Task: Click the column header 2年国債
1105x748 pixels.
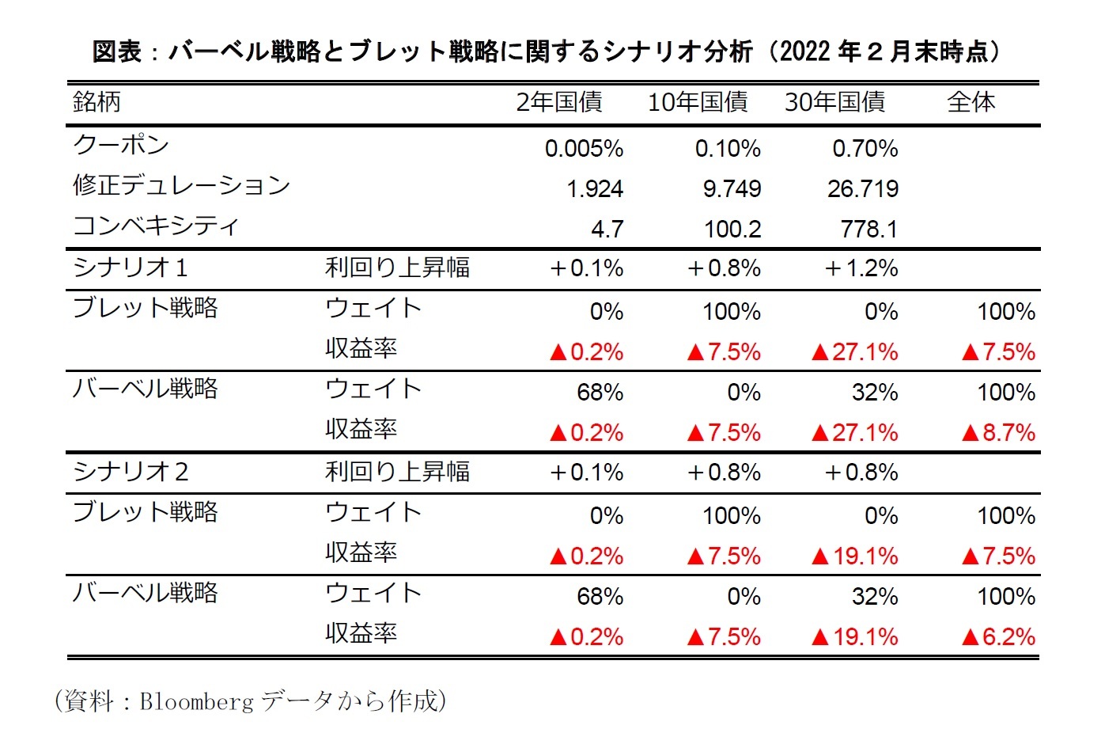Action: pos(559,102)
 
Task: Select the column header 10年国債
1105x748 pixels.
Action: pos(698,102)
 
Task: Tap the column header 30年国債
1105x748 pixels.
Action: pos(834,102)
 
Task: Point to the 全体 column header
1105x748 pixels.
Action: pos(971,102)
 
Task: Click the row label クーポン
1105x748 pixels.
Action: pos(121,145)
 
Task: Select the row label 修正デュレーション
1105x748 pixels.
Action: pos(181,185)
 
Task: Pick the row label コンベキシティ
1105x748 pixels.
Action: pos(155,226)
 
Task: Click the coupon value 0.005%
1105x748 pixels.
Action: pos(584,149)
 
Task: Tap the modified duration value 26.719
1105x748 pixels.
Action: pos(862,189)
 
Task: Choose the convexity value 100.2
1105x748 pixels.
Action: pos(732,230)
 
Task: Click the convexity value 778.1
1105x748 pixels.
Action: pos(868,230)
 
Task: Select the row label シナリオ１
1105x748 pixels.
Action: pos(131,268)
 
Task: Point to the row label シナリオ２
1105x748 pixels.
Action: pos(131,472)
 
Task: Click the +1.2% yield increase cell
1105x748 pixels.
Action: pos(861,268)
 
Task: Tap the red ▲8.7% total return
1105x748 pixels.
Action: pos(998,433)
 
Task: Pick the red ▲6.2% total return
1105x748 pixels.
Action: pos(998,637)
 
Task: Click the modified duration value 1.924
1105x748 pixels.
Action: pos(595,189)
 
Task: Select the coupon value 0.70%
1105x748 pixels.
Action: pos(865,149)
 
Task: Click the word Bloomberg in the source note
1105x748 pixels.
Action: pos(196,701)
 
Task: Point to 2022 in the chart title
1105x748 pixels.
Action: pos(804,51)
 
